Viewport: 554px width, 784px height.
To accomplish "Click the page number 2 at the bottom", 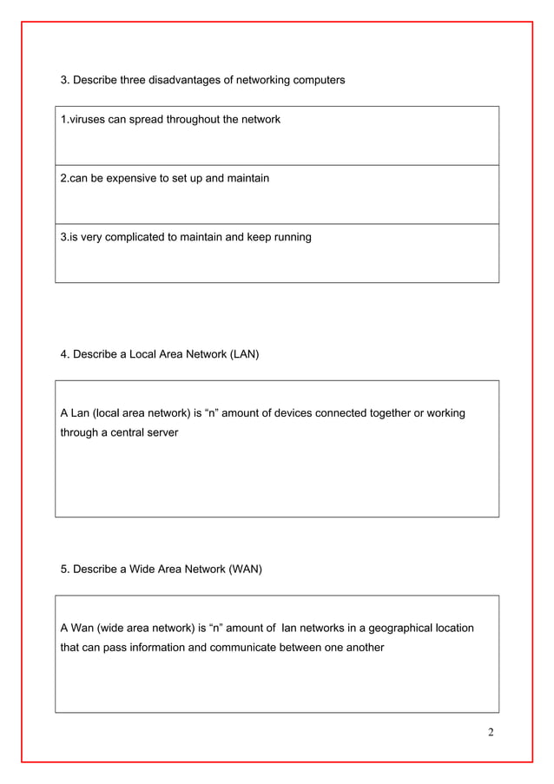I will (x=491, y=732).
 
